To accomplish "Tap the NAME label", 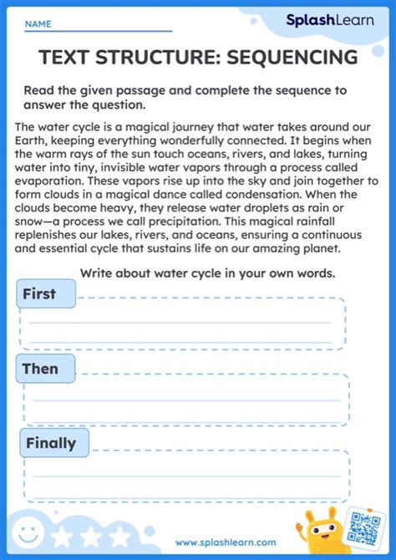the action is (x=38, y=25).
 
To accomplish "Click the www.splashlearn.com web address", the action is (x=225, y=542).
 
